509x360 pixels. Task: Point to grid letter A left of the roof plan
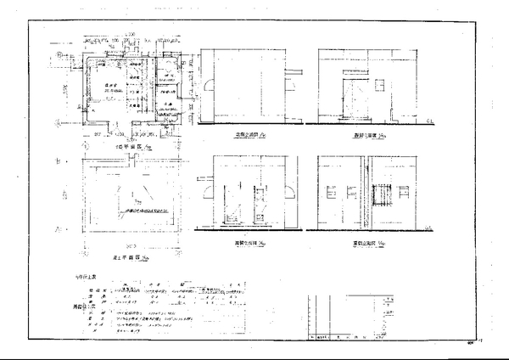(x=58, y=229)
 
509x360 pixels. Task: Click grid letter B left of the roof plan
(x=58, y=160)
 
